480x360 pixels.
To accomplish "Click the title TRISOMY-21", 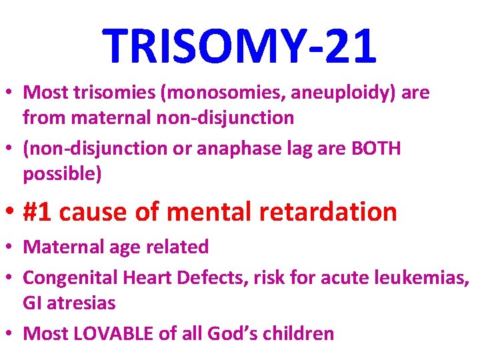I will [x=240, y=47].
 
